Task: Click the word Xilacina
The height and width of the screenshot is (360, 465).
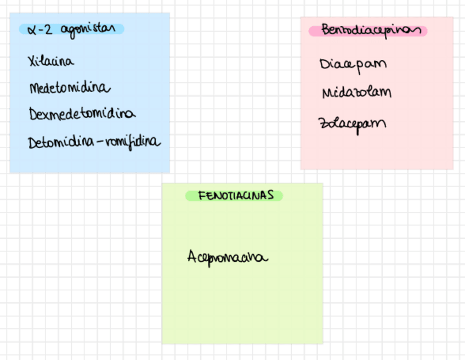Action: tap(50, 61)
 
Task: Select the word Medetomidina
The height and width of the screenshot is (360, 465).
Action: tap(70, 88)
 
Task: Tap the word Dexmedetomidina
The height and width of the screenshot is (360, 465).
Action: tap(82, 114)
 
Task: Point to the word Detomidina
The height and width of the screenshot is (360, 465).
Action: tap(59, 142)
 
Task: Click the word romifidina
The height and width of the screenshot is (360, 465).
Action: tap(133, 142)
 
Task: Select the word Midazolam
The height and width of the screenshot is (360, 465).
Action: tap(356, 92)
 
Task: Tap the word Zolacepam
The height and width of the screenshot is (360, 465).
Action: tap(352, 122)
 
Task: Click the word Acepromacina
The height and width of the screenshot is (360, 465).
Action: tap(228, 257)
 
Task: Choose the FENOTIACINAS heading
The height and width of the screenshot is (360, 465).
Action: tap(235, 195)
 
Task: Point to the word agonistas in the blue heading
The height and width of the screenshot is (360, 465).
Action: tap(89, 29)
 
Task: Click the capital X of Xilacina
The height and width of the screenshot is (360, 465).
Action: tap(32, 61)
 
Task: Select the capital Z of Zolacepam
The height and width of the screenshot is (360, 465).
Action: tap(322, 122)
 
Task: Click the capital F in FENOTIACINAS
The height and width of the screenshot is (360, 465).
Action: tap(201, 195)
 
